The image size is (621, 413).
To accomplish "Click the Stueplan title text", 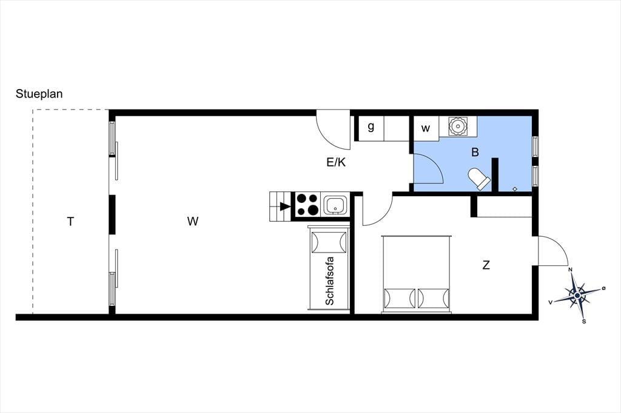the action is (39, 94).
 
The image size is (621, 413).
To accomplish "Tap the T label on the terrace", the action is (70, 222).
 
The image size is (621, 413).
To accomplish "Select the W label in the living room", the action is (193, 221).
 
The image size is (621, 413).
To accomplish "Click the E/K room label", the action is (336, 162).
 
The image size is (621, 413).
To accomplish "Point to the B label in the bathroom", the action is (475, 152).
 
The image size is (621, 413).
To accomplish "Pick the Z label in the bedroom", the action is (486, 265).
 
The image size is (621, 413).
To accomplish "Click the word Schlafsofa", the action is (329, 281).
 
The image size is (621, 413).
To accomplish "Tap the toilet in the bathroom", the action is (479, 179).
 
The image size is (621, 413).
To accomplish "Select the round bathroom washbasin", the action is (457, 127).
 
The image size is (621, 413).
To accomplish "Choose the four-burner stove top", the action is (308, 204).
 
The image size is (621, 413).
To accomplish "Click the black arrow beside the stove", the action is (285, 206).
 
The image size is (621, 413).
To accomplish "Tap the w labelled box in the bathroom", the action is (426, 128).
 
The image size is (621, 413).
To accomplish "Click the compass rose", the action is (578, 295).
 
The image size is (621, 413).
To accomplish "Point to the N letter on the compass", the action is (571, 270).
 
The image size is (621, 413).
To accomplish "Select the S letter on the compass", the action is (584, 322).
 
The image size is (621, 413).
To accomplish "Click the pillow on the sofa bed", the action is (329, 242).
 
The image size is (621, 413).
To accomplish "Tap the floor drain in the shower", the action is (515, 189).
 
